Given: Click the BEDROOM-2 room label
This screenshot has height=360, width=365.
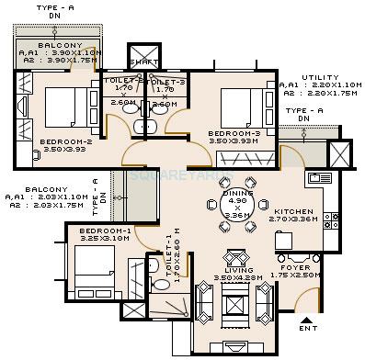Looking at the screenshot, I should point(63,141).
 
